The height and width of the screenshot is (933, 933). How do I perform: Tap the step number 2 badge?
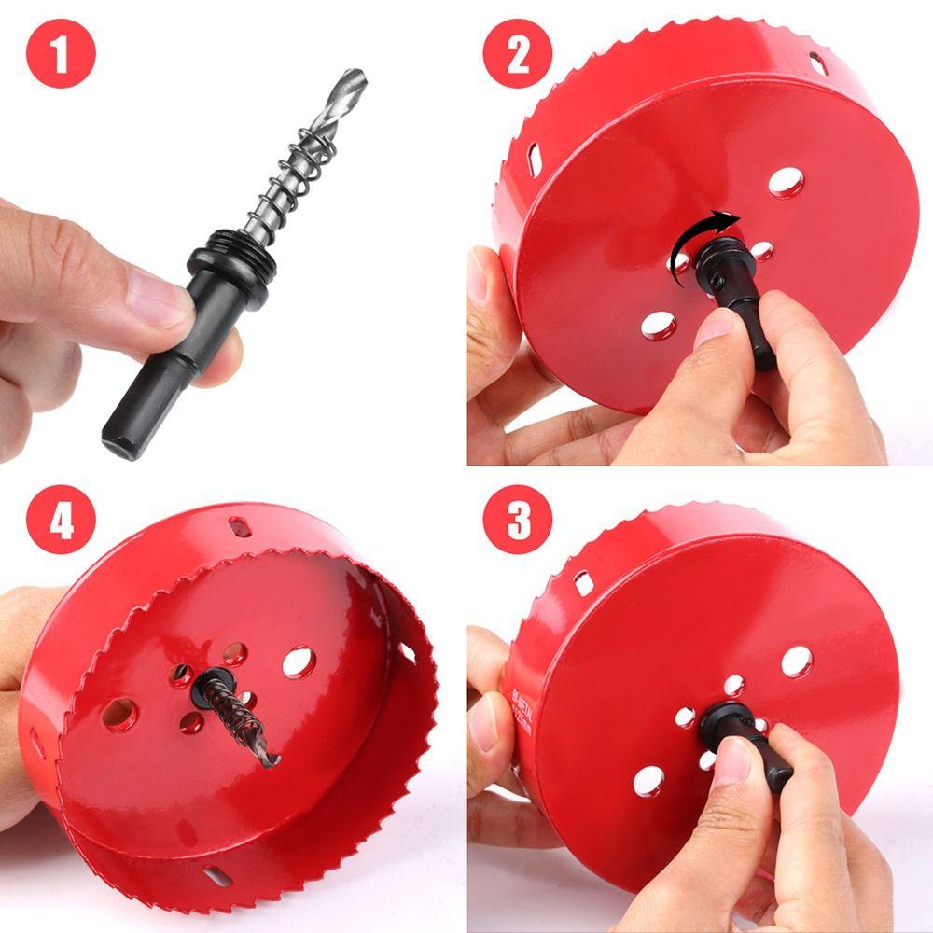tap(518, 53)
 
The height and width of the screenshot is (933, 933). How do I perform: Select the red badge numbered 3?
tap(518, 520)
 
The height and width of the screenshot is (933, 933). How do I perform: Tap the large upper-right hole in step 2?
tap(786, 182)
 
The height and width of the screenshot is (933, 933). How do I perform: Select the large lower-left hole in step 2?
tap(659, 324)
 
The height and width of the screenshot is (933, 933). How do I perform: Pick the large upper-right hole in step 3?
tap(795, 661)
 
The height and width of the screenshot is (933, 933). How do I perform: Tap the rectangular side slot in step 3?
tap(583, 583)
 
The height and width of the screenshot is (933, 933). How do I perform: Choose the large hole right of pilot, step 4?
tap(299, 661)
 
